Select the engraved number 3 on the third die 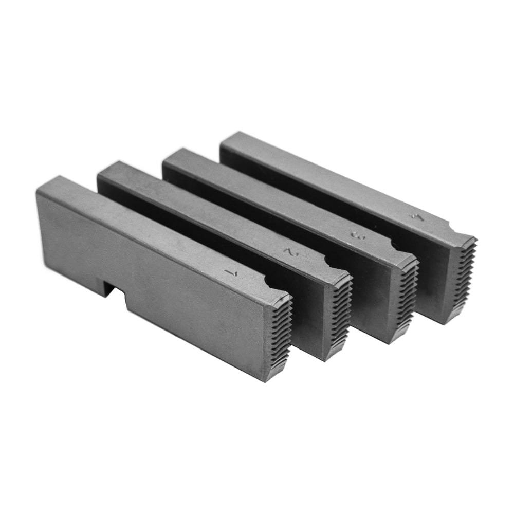pos(354,234)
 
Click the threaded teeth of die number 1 pos(280,334)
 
